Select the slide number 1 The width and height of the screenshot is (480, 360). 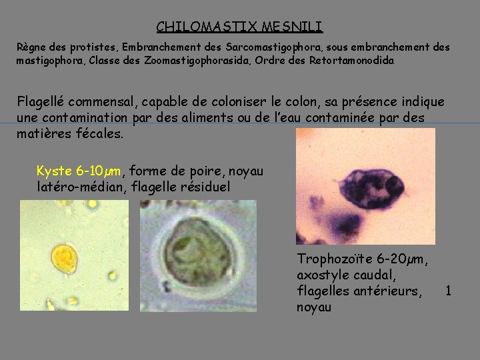pyautogui.click(x=449, y=291)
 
